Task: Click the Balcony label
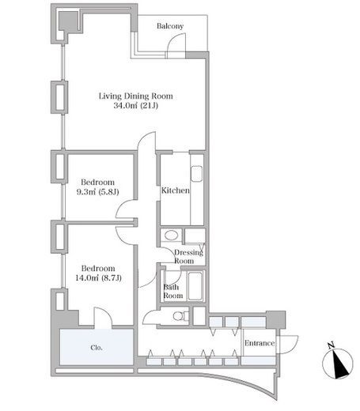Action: click(x=170, y=26)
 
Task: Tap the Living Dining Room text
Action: click(x=136, y=96)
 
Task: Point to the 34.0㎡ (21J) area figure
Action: click(x=136, y=106)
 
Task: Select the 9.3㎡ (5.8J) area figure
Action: click(x=97, y=191)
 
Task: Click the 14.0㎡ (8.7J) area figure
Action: click(x=98, y=277)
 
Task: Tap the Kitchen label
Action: click(x=176, y=190)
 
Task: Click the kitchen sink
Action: click(x=196, y=174)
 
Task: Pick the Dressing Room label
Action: click(x=188, y=257)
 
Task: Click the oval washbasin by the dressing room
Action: click(x=171, y=235)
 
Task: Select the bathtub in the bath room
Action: click(x=195, y=286)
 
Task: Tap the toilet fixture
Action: click(x=181, y=316)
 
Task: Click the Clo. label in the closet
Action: click(x=97, y=348)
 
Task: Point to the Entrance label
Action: click(x=260, y=343)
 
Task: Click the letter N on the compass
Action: click(x=331, y=345)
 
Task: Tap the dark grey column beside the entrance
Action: click(x=275, y=319)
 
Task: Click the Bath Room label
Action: click(x=173, y=291)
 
